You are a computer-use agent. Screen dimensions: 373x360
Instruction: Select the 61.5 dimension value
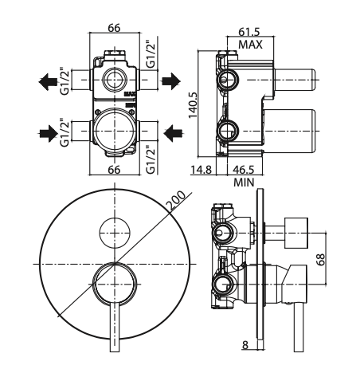[250, 33]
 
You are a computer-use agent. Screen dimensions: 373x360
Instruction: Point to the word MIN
[244, 182]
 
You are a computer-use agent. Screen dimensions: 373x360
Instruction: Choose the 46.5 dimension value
[244, 170]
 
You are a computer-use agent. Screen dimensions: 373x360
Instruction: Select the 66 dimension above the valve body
[114, 28]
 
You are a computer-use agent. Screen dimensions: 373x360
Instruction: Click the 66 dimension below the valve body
[114, 169]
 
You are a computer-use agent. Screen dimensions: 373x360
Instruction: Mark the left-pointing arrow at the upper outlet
[48, 80]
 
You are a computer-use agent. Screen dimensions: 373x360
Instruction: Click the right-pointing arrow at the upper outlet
[173, 80]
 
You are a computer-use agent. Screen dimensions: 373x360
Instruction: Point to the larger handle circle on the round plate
[114, 283]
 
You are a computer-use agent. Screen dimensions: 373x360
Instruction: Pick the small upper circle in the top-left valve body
[114, 80]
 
